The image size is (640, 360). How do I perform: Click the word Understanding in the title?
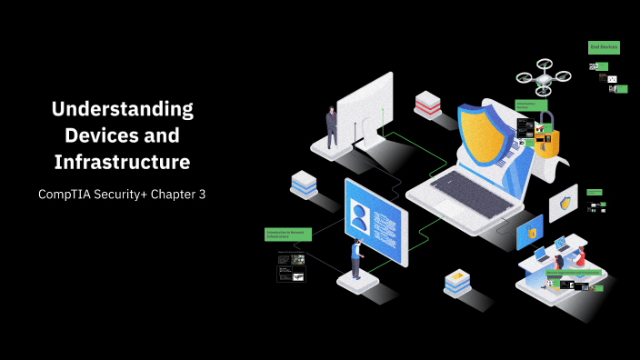(123, 110)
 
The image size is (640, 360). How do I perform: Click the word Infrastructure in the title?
(123, 162)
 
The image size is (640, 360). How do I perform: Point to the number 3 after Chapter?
(202, 195)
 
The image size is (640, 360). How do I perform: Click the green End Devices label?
(604, 46)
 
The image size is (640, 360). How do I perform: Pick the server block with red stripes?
(427, 105)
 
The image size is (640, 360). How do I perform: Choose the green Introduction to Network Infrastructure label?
(288, 235)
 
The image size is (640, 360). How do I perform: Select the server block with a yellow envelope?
(457, 283)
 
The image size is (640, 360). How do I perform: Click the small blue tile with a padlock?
(529, 233)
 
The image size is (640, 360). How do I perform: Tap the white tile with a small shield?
(563, 203)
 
